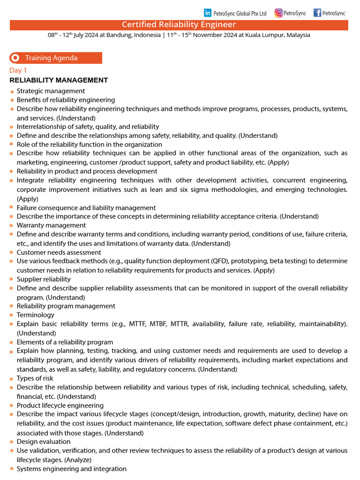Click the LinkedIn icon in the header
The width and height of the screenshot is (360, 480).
(208, 13)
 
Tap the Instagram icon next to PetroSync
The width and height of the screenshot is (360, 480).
(278, 13)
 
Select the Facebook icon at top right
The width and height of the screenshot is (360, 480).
(317, 13)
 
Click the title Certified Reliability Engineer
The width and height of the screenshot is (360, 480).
(179, 25)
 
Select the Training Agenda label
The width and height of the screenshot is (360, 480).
(51, 58)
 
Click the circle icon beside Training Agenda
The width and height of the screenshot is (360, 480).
(15, 58)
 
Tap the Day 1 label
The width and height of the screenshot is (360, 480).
(18, 70)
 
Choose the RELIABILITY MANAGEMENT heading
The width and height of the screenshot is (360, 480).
(59, 80)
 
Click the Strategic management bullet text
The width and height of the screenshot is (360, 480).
(51, 91)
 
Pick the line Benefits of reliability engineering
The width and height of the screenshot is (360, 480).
(66, 100)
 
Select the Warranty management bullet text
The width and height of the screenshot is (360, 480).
(51, 225)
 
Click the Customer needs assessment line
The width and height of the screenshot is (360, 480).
(59, 252)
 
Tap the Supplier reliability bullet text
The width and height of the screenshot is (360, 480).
(44, 279)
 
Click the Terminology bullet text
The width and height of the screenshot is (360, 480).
(35, 315)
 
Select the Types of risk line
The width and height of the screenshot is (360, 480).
(35, 378)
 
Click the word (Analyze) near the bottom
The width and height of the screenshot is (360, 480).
(78, 460)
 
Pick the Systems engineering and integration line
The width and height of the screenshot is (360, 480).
(71, 469)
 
